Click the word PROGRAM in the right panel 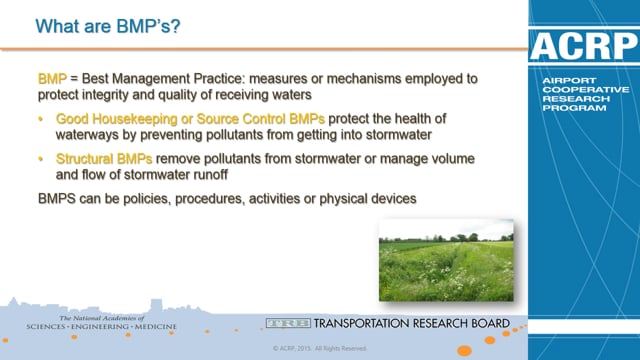[x=567, y=113]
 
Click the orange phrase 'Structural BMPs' [x=116, y=158]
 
